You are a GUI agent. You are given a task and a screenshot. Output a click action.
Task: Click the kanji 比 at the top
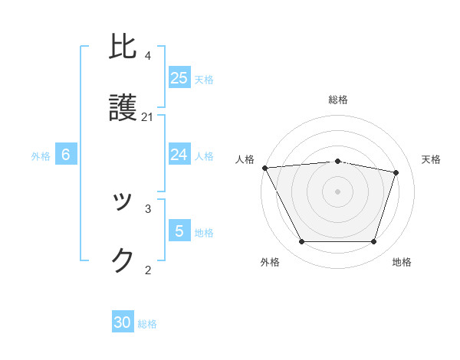(x=123, y=48)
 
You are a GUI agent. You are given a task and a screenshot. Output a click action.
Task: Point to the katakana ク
(x=123, y=260)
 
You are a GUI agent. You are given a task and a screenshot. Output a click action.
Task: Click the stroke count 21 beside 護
(x=148, y=117)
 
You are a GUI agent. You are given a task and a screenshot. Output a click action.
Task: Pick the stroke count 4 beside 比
(x=148, y=56)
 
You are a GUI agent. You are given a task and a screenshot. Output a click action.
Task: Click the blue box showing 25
(x=179, y=78)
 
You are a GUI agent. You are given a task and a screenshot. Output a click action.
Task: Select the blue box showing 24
(x=179, y=155)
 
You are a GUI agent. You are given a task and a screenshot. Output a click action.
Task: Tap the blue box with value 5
(x=179, y=231)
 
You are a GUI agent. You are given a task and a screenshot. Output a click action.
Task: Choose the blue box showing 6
(x=66, y=155)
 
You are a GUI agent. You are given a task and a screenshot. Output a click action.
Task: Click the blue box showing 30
(x=123, y=322)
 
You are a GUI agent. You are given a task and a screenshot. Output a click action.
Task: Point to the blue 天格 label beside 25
(x=204, y=80)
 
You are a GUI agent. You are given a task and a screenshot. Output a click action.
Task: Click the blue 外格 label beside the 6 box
(x=41, y=156)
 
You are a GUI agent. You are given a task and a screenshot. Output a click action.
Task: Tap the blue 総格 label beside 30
(x=147, y=324)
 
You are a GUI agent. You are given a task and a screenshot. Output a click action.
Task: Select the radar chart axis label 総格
(x=338, y=100)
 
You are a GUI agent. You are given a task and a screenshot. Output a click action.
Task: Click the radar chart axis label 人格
(x=245, y=159)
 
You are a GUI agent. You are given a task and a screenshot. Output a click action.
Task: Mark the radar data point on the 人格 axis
(x=264, y=168)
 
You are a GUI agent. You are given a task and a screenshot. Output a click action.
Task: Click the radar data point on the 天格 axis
(x=396, y=172)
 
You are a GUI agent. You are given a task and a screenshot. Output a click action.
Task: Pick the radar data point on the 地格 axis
(x=374, y=242)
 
